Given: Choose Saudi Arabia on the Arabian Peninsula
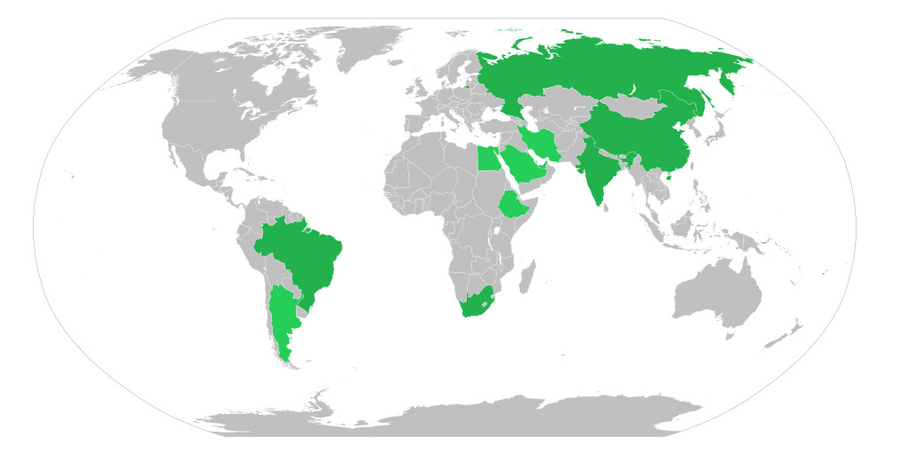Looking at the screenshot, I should point(523,164).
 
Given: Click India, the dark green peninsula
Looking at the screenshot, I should point(598,173).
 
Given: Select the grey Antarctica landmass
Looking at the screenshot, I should point(461,417).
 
